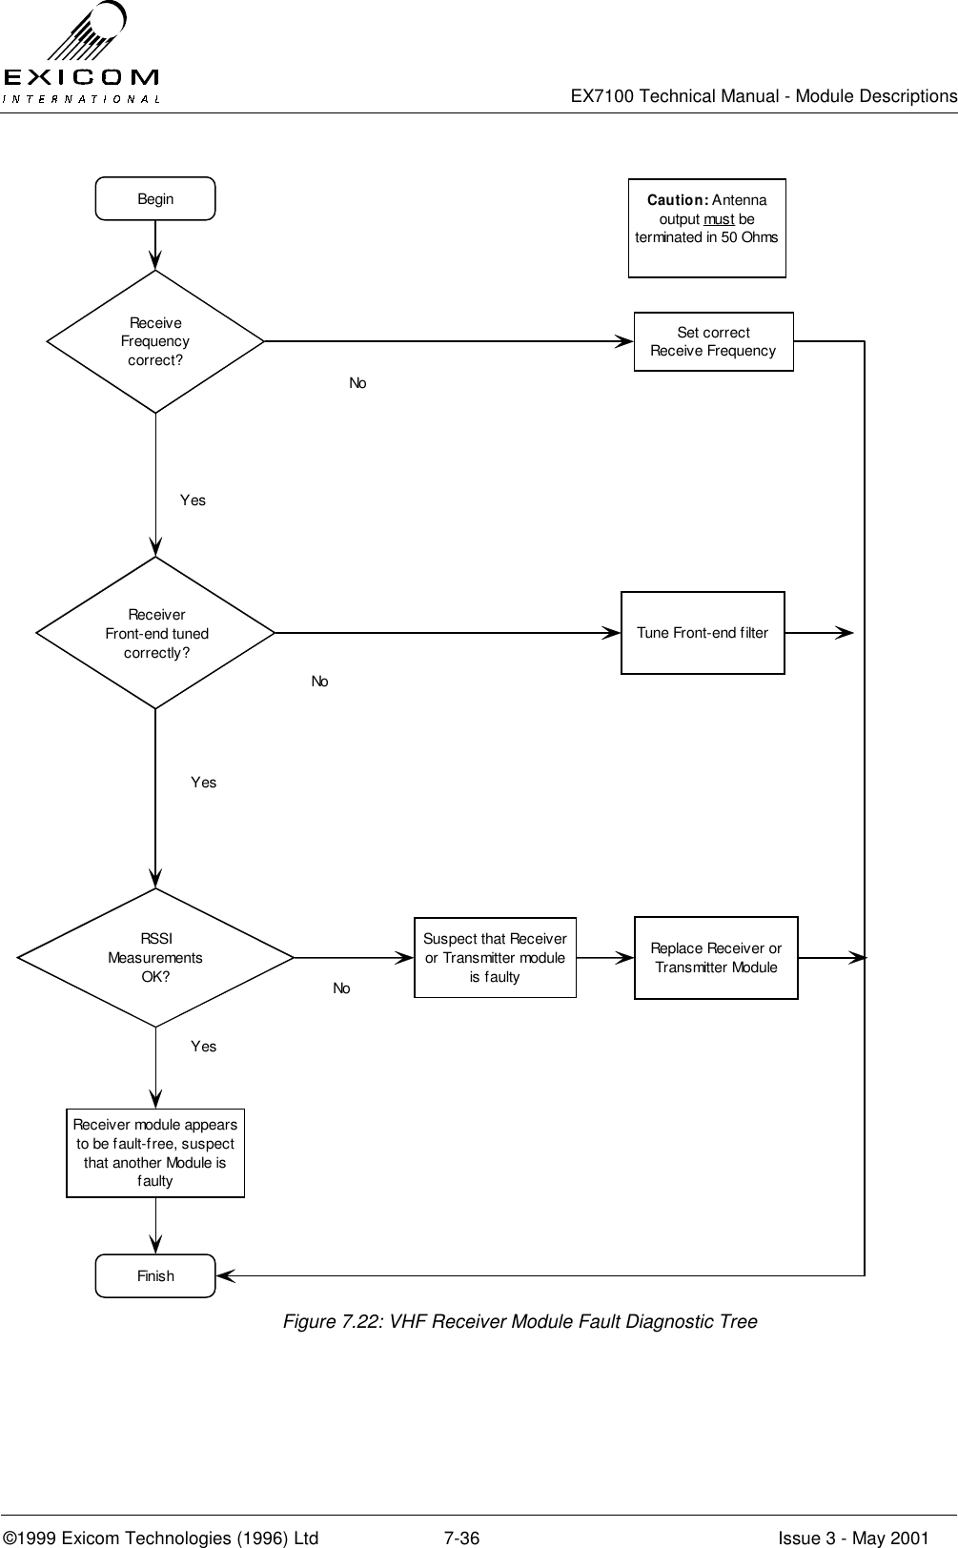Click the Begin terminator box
pos(155,199)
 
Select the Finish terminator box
pos(155,1276)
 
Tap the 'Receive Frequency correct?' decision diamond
pos(155,341)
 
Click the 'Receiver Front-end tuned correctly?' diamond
pos(155,633)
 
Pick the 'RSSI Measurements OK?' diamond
pos(155,957)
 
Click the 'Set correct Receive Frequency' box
pos(713,341)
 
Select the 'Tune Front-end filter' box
pos(703,633)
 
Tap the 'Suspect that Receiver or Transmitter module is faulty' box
pos(495,957)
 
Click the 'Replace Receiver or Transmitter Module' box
pos(716,957)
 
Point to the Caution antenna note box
pos(706,228)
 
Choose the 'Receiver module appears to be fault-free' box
pos(155,1152)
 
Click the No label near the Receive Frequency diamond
pos(357,382)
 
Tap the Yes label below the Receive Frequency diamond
pos(193,499)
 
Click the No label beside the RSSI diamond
pos(341,988)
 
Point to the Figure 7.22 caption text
pos(519,1321)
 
